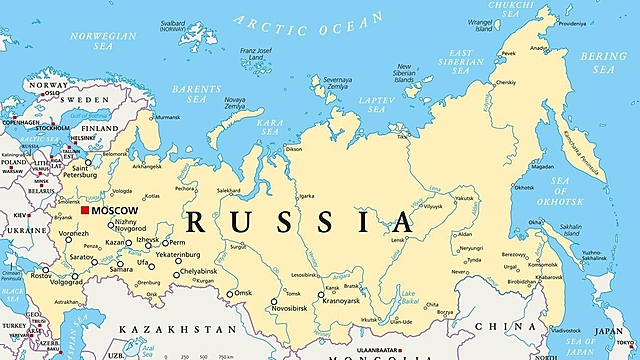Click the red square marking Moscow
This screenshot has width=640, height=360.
point(85,211)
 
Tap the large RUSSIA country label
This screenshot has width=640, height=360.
point(300,221)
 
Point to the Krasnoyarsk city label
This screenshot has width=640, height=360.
point(346,299)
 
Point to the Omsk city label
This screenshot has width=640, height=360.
point(243,293)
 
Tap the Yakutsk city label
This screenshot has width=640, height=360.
point(464,198)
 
